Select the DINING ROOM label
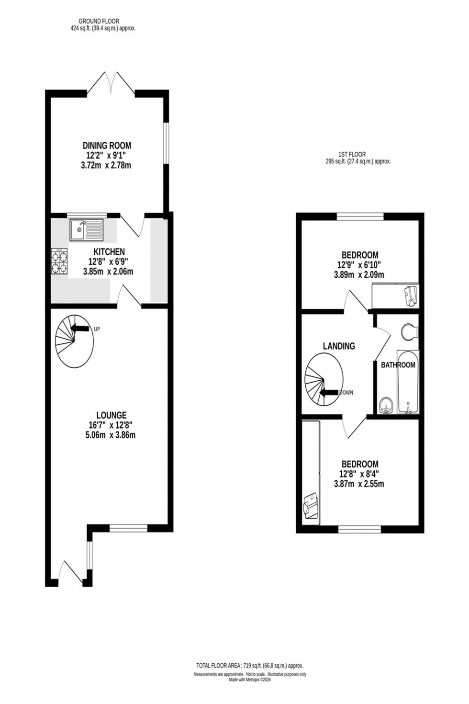point(107,146)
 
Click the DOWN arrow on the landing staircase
point(329,393)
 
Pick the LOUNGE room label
point(111,415)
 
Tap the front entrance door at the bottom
point(71,572)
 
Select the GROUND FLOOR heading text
point(99,21)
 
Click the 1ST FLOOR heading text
point(352,154)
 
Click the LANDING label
point(339,346)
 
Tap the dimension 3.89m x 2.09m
point(358,275)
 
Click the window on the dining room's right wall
point(166,144)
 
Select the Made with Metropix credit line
point(249,679)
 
